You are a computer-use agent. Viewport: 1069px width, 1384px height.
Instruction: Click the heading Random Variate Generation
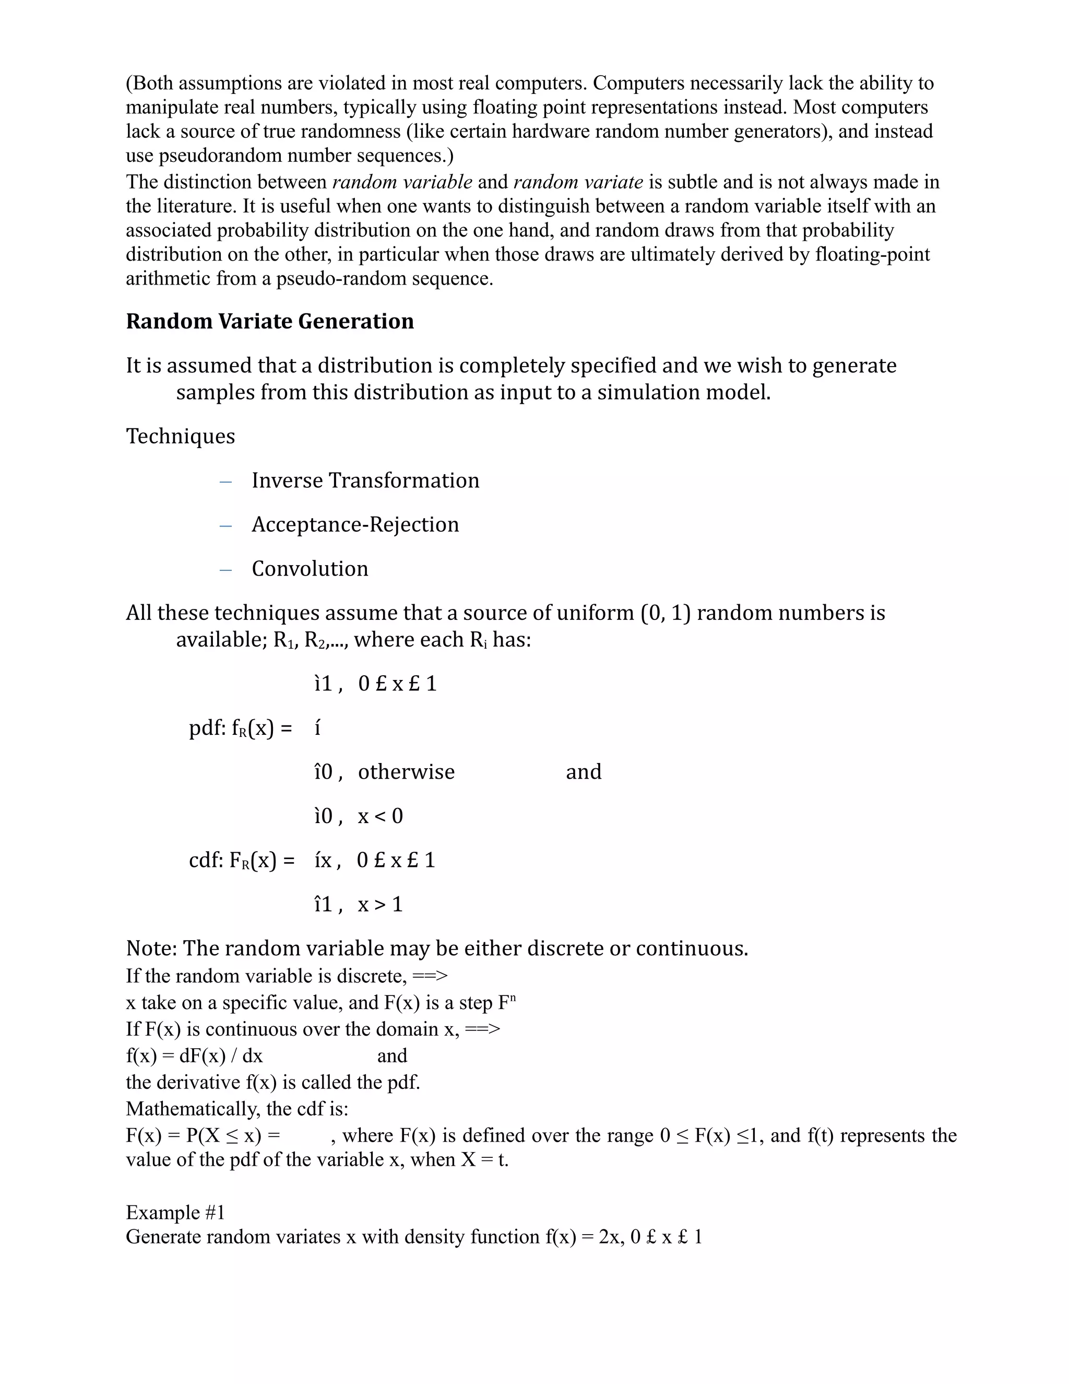pos(270,321)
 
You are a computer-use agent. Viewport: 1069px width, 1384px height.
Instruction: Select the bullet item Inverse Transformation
pos(365,480)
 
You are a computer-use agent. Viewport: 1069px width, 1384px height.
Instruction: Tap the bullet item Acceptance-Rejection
pos(355,525)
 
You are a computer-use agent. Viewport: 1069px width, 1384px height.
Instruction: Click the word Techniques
pos(181,437)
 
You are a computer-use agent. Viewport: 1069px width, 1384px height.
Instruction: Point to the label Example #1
pos(175,1212)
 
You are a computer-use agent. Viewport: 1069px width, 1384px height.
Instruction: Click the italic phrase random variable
pos(402,182)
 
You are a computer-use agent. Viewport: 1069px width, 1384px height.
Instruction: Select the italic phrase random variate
pos(578,182)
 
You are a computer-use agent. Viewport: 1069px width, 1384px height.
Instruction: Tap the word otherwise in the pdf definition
pos(406,772)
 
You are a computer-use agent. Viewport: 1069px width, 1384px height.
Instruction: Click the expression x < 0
pos(380,816)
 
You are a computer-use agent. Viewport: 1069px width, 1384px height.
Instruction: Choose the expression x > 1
pos(380,904)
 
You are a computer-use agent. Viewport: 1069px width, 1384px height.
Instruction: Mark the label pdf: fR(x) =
pos(241,728)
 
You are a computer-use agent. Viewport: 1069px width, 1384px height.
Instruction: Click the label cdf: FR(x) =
pos(242,861)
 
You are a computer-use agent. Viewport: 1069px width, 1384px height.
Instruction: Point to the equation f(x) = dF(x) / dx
pos(194,1055)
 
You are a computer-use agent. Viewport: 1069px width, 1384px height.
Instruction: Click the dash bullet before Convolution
pos(225,569)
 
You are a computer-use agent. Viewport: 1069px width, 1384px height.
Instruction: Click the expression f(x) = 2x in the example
pos(582,1237)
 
